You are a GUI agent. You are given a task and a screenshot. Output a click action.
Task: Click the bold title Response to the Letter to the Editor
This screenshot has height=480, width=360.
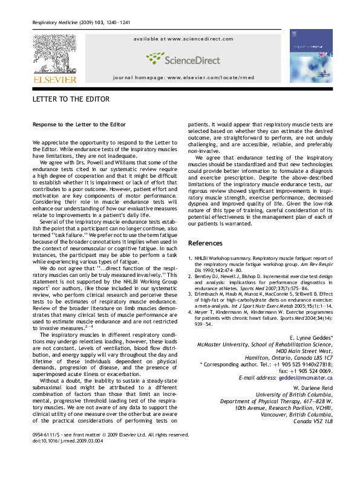79,125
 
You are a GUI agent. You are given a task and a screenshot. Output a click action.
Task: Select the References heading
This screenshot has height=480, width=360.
205,243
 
